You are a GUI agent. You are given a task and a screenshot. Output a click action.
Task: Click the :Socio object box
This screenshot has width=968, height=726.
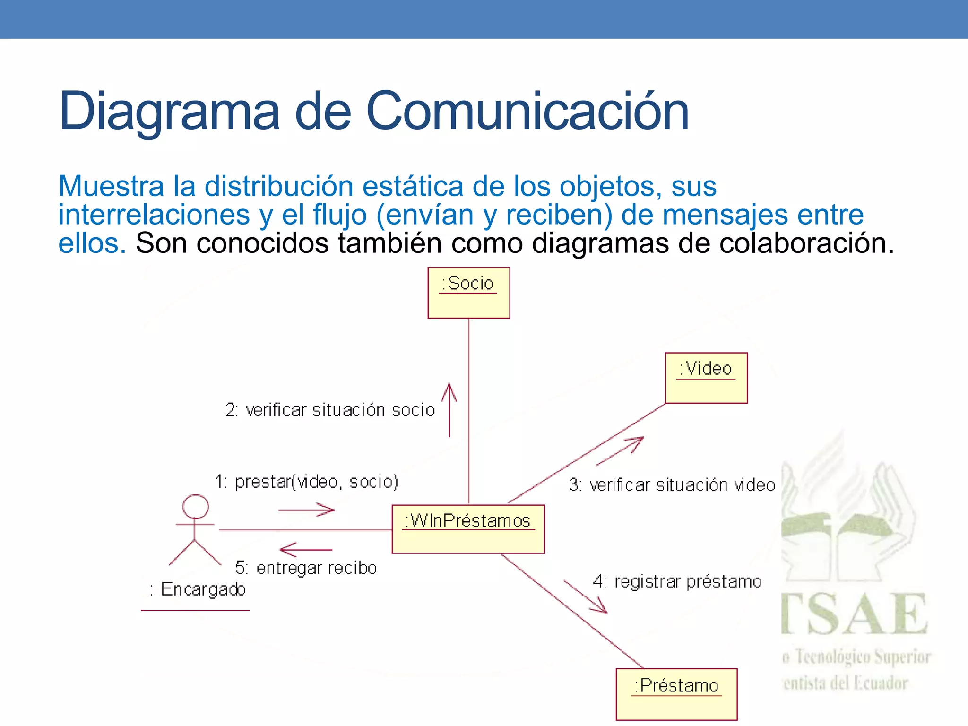coord(468,293)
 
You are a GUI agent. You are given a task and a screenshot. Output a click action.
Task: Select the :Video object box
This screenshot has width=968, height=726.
coord(706,378)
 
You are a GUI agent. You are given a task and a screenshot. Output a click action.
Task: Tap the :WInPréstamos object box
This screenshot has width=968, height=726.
coord(468,529)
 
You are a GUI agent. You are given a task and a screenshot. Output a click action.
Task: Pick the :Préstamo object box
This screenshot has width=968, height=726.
coord(676,694)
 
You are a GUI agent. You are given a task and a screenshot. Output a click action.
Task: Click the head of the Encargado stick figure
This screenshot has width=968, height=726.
coord(196,507)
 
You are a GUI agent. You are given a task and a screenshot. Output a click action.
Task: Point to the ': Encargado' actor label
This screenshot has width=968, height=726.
coord(198,589)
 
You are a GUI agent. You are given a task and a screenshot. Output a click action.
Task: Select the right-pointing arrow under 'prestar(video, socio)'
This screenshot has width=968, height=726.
coord(307,510)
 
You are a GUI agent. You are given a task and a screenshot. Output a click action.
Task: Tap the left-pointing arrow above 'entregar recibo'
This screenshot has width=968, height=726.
coord(306,550)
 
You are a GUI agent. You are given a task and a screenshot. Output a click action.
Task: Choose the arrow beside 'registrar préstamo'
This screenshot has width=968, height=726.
coord(586,597)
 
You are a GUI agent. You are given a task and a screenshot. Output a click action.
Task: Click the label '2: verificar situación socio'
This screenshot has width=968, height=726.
coord(330,410)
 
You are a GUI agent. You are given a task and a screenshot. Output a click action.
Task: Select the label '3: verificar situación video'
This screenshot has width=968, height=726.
coord(672,485)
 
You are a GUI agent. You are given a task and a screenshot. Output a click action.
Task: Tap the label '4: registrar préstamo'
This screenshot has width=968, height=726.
coord(677,581)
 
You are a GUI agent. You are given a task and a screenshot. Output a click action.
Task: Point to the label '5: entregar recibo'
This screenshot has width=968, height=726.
coord(306,568)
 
